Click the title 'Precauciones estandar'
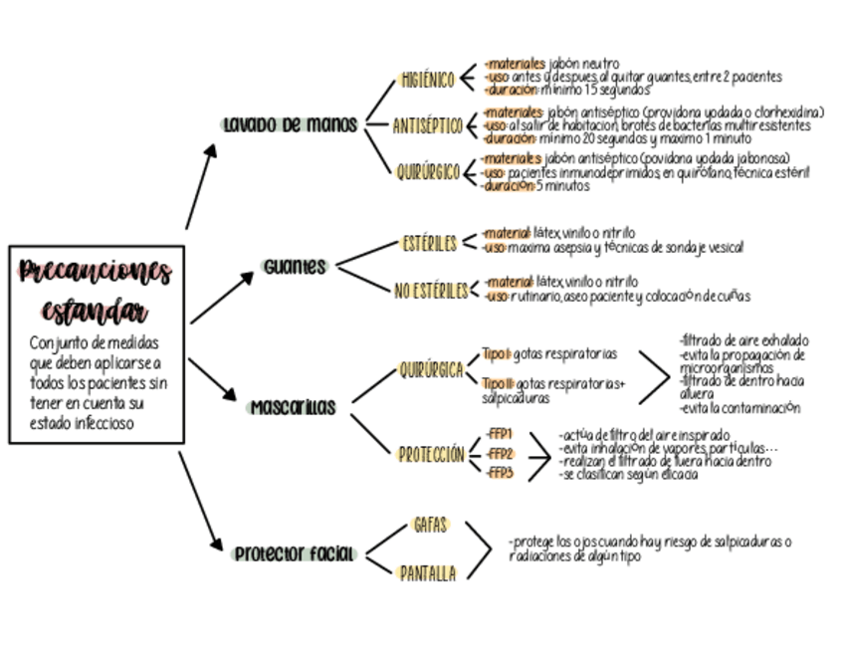(x=96, y=289)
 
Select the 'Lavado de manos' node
(x=290, y=125)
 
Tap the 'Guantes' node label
(x=296, y=267)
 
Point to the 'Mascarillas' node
(x=293, y=408)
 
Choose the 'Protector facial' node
(x=295, y=553)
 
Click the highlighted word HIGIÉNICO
(x=428, y=80)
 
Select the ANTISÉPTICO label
(x=428, y=126)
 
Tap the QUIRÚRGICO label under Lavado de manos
(x=428, y=172)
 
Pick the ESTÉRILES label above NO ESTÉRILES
(x=430, y=243)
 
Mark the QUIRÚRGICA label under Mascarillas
(x=431, y=370)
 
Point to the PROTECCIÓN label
(x=431, y=455)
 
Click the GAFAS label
(x=430, y=526)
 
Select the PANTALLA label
(x=428, y=573)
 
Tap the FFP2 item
(x=501, y=454)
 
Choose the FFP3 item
(x=501, y=473)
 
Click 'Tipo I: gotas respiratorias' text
(x=548, y=353)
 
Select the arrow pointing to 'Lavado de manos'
(x=201, y=185)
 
